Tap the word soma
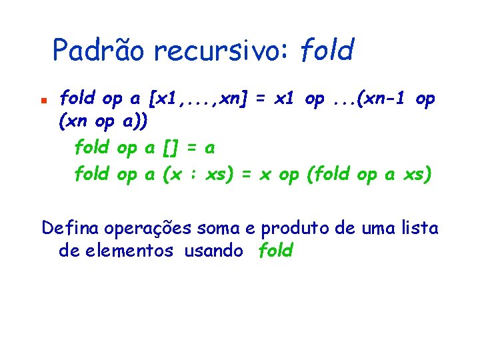pos(218,229)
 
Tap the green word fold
pos(275,251)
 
